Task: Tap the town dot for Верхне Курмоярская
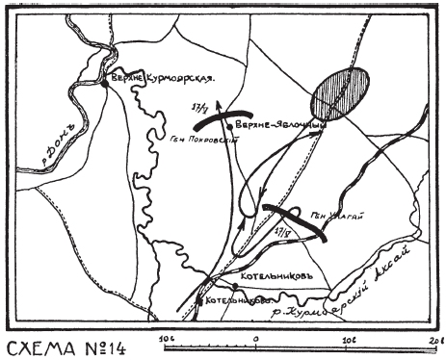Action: tap(104, 84)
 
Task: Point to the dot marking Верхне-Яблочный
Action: tap(230, 124)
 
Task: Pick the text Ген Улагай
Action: tap(334, 217)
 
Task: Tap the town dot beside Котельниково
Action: tap(198, 300)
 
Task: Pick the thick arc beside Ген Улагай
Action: tap(295, 220)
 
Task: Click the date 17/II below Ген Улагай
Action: tap(282, 232)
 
